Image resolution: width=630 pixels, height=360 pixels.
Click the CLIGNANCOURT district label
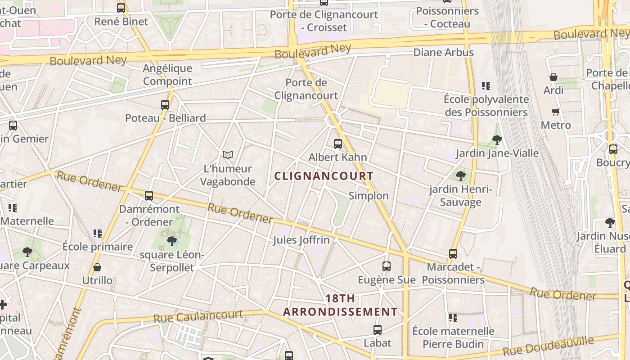click(x=324, y=176)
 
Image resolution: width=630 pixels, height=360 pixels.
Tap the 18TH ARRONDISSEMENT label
click(x=340, y=305)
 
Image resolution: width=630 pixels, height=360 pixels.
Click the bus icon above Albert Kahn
click(x=338, y=144)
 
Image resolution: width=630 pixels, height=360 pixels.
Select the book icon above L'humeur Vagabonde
click(x=228, y=155)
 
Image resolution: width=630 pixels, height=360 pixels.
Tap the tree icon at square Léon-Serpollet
click(x=171, y=241)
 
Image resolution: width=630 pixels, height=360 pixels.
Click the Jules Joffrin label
click(x=301, y=240)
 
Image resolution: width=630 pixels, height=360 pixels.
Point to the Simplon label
click(x=368, y=196)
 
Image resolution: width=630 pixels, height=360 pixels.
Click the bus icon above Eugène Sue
click(x=386, y=266)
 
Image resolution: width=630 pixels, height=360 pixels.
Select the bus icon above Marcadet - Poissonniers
click(x=453, y=254)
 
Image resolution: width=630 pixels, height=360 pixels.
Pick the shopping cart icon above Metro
click(x=555, y=112)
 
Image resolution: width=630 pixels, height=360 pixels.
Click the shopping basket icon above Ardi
click(x=553, y=77)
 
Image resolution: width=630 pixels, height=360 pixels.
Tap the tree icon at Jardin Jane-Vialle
click(x=497, y=140)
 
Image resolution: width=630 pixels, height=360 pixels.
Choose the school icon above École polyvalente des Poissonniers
click(x=486, y=85)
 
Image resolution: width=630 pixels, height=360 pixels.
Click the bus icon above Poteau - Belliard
click(x=165, y=105)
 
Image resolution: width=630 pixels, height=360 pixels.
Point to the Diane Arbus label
click(x=443, y=53)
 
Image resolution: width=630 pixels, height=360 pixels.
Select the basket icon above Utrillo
click(x=97, y=268)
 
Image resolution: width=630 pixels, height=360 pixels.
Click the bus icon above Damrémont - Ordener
click(x=149, y=196)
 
